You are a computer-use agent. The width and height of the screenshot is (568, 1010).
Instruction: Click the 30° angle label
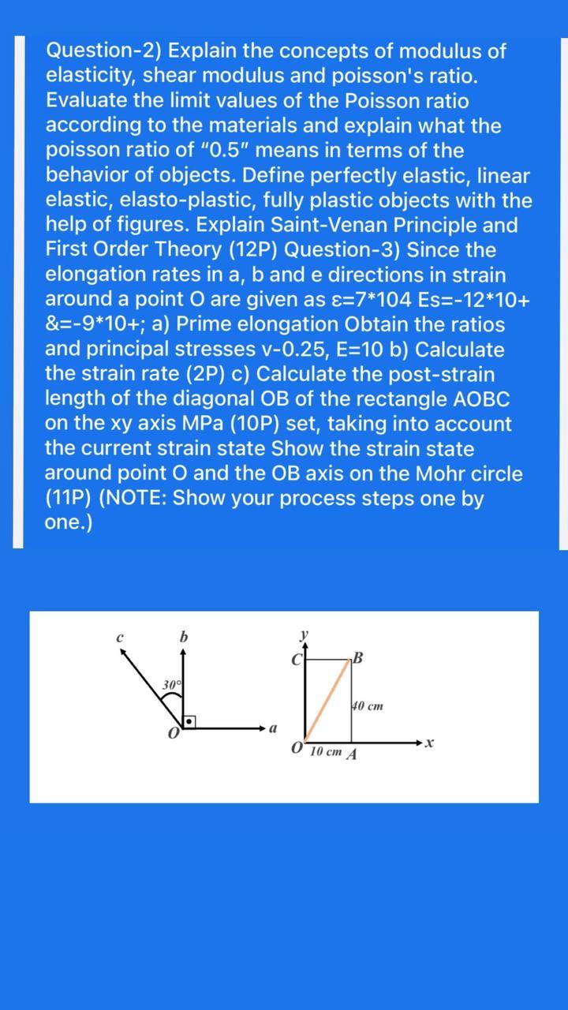click(172, 684)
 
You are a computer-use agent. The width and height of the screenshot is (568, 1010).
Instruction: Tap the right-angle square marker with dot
click(189, 721)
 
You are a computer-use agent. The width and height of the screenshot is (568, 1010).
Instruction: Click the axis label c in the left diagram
click(119, 637)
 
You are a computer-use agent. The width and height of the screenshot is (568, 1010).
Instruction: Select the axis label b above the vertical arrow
click(183, 636)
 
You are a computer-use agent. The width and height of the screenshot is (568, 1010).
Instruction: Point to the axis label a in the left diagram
click(273, 728)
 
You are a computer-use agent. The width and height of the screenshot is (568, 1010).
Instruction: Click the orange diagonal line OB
click(327, 700)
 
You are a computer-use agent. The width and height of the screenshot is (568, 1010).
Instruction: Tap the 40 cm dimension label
click(368, 705)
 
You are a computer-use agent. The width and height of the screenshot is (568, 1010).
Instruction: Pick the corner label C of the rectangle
click(298, 658)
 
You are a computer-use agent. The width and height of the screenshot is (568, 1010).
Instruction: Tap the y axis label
click(304, 634)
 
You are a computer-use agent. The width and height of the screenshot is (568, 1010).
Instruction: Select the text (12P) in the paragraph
click(252, 250)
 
